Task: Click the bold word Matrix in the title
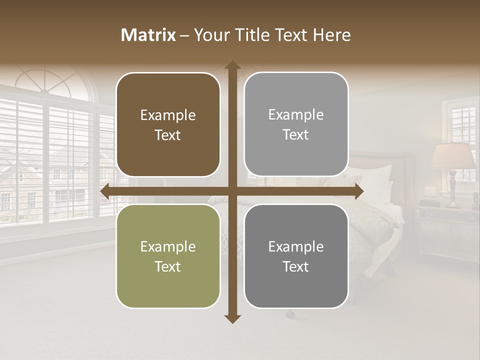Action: click(x=148, y=35)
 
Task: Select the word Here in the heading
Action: click(x=331, y=35)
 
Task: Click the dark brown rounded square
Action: click(x=168, y=124)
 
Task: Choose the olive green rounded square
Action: click(x=168, y=256)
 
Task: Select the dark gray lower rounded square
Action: click(x=296, y=256)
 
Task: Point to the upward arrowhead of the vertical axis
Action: click(x=232, y=66)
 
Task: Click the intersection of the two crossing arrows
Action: click(x=232, y=191)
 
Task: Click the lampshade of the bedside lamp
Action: click(x=453, y=156)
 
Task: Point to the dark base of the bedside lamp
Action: click(x=453, y=190)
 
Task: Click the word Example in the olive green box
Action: click(x=168, y=246)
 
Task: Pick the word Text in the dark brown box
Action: click(x=168, y=135)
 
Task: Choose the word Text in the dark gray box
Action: click(x=296, y=266)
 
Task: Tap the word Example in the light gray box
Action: click(x=296, y=114)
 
